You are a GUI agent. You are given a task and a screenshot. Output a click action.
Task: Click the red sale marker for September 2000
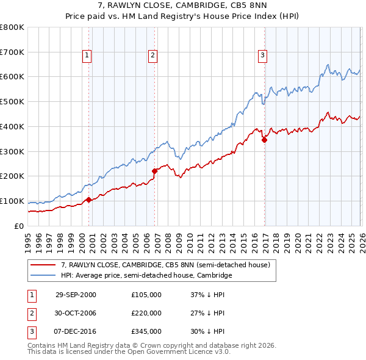coord(89,200)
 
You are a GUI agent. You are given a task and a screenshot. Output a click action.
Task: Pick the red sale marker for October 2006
coord(154,171)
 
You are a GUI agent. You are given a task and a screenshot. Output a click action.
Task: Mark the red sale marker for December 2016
coord(264,140)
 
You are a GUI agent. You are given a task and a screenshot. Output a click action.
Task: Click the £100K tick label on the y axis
coord(12,201)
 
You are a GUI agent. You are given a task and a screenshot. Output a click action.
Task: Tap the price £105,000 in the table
coord(146,295)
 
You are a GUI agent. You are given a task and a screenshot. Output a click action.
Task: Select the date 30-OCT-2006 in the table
coord(76,313)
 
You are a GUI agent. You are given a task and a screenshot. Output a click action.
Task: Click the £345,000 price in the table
coord(146,331)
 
